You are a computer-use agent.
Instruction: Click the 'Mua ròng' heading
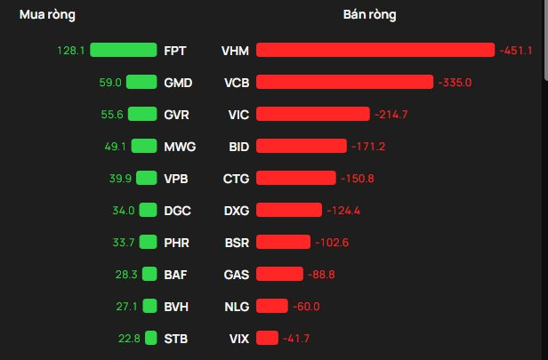[48, 15]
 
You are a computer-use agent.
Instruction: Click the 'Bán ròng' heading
[369, 15]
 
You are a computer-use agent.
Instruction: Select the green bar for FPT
[124, 51]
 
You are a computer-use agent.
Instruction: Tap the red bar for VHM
[375, 51]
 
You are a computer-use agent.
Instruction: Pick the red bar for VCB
[344, 83]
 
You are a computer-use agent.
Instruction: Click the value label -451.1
[516, 51]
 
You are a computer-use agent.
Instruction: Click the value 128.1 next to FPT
[69, 51]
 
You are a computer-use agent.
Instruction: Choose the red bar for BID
[301, 147]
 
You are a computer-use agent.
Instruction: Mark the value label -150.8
[357, 179]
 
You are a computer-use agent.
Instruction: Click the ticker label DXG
[236, 211]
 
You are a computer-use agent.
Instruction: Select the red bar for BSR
[283, 242]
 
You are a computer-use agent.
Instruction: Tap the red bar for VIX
[267, 338]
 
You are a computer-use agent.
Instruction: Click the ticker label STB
[176, 338]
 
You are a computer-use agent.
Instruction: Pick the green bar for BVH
[149, 306]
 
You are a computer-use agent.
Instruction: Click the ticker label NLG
[236, 306]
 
